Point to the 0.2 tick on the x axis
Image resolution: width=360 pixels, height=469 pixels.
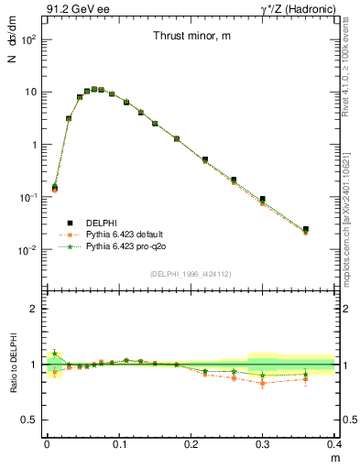pyautogui.click(x=191, y=444)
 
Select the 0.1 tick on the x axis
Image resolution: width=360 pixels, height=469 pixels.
pyautogui.click(x=118, y=444)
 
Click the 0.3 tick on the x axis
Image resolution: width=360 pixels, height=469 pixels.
pyautogui.click(x=263, y=444)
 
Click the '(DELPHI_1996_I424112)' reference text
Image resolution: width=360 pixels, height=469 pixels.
pyautogui.click(x=190, y=274)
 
